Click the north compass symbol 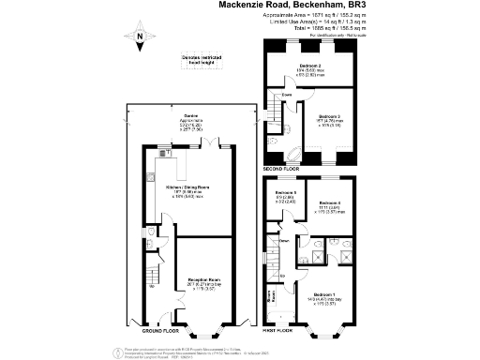click(x=140, y=38)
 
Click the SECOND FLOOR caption click(x=281, y=168)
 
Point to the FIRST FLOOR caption click(x=279, y=332)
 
